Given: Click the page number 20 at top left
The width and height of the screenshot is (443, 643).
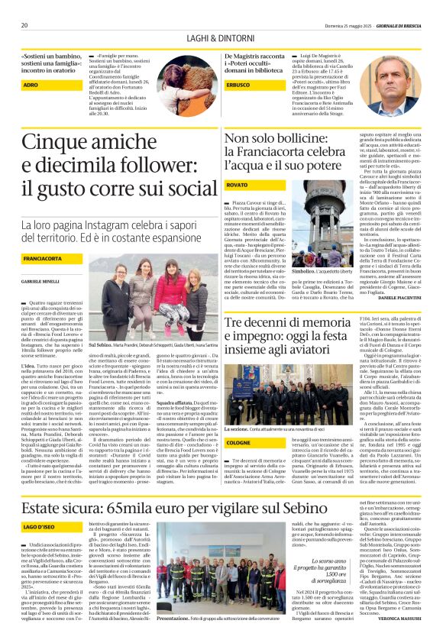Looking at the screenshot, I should pos(24,25).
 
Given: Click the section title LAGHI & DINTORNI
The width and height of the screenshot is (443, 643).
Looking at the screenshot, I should pos(221,39).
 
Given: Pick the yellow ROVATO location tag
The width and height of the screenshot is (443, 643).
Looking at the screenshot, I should pos(238,186).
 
